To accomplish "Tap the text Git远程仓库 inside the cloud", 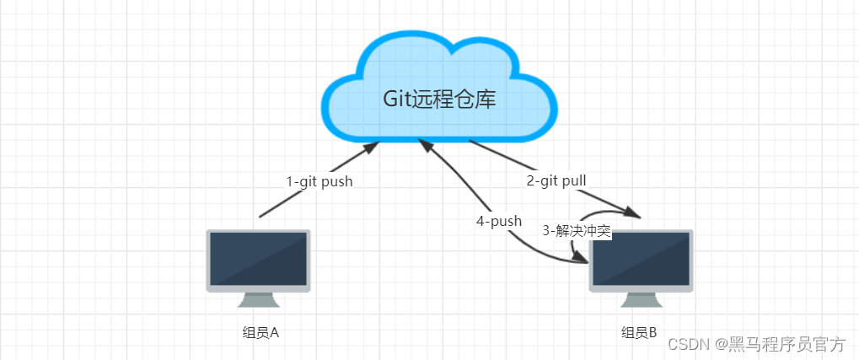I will (439, 99).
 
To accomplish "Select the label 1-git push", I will (319, 181).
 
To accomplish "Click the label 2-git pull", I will (556, 180).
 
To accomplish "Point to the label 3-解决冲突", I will (577, 231).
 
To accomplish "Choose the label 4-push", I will (498, 222).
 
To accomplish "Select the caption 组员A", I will (260, 332).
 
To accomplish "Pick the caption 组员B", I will (639, 332).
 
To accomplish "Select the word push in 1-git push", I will (336, 181).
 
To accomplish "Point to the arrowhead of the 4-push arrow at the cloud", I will (426, 146).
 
